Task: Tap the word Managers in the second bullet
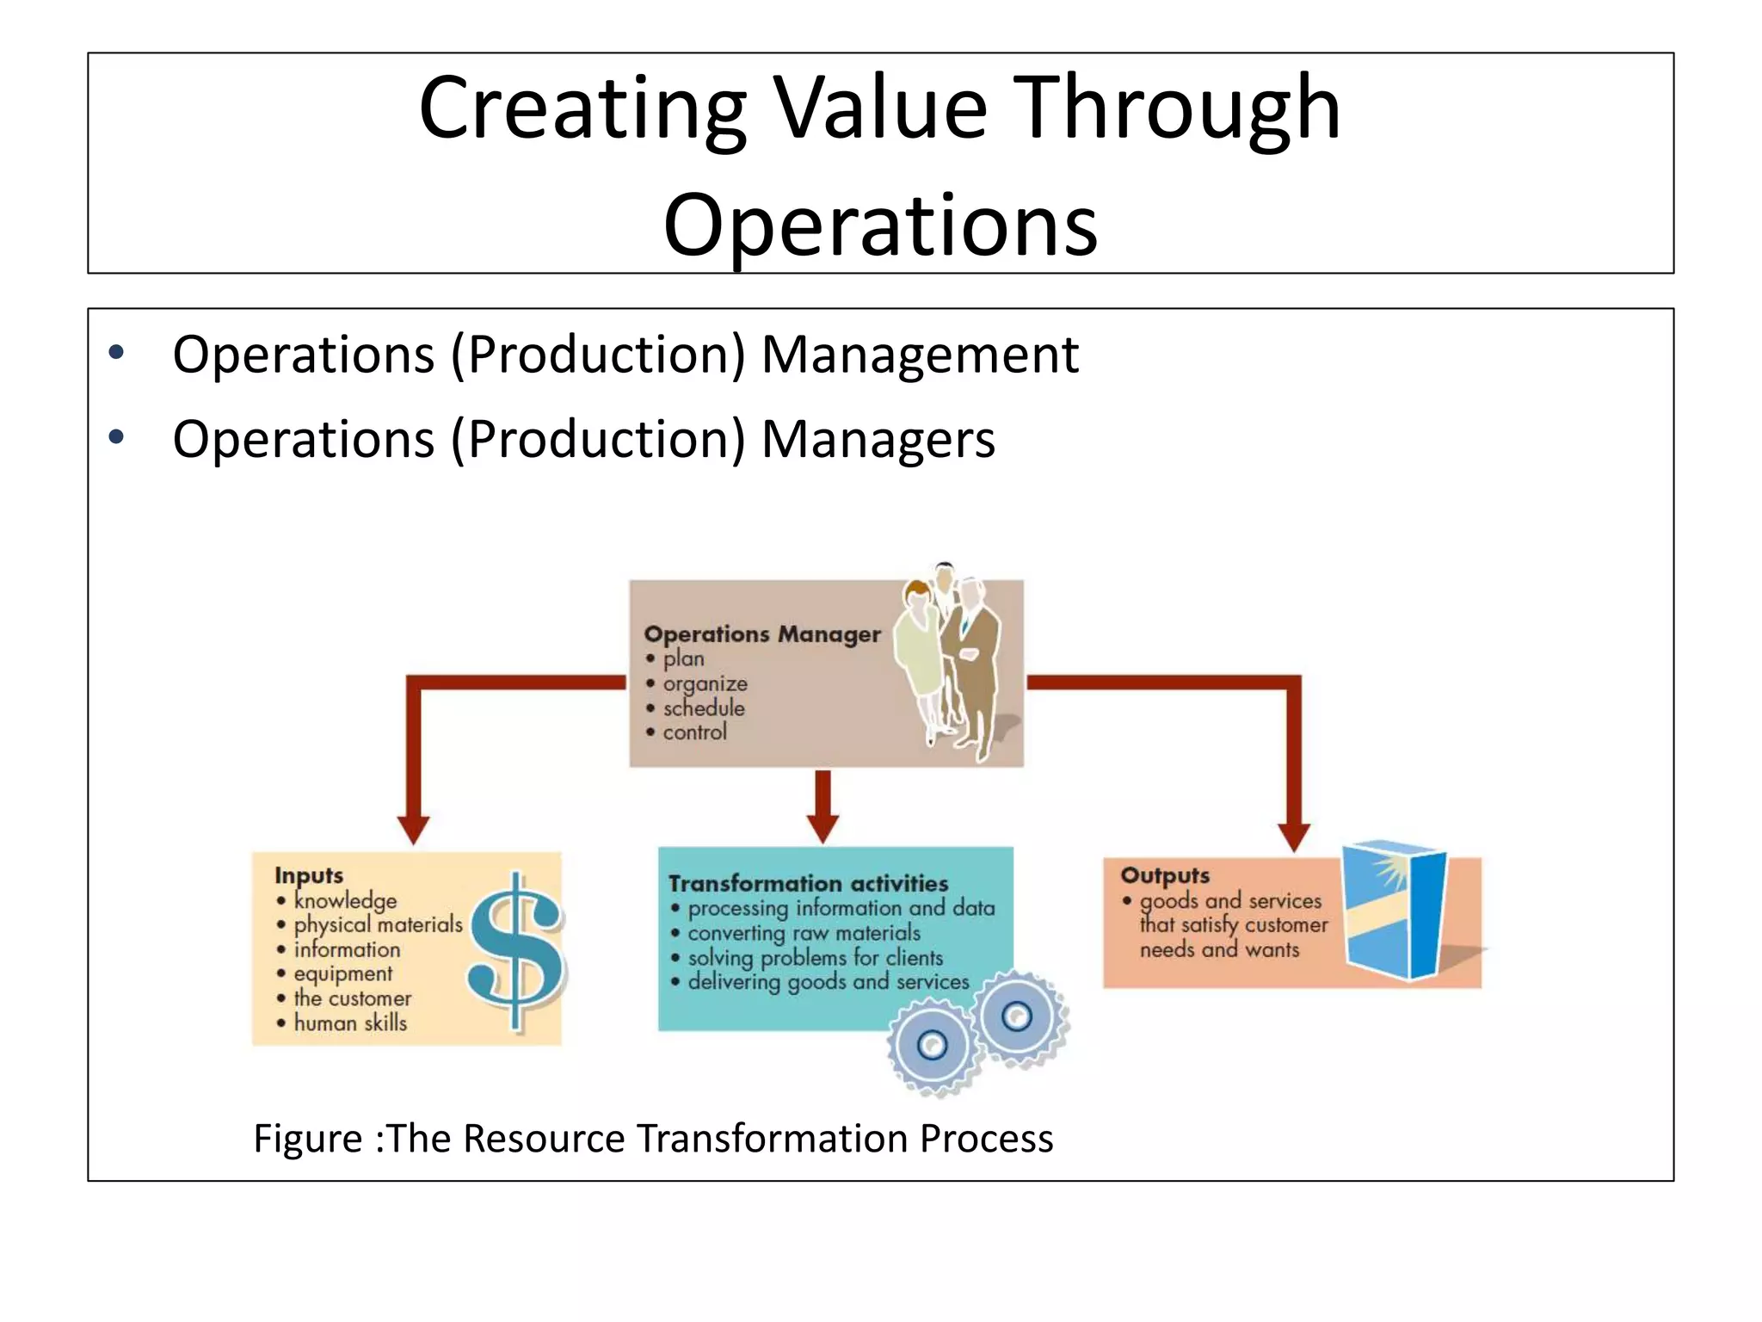878,439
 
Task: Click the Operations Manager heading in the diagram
762,634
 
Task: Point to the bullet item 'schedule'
703,708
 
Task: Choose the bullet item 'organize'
704,683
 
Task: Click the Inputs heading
309,875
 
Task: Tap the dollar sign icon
516,951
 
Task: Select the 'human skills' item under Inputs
349,1022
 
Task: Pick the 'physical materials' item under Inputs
378,924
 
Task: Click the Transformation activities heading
808,884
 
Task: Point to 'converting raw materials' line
804,933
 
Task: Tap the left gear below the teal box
932,1046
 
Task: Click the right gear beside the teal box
1018,1016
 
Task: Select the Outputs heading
1165,875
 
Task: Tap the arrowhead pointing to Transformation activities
822,829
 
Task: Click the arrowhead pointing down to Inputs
413,830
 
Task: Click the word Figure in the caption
308,1139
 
